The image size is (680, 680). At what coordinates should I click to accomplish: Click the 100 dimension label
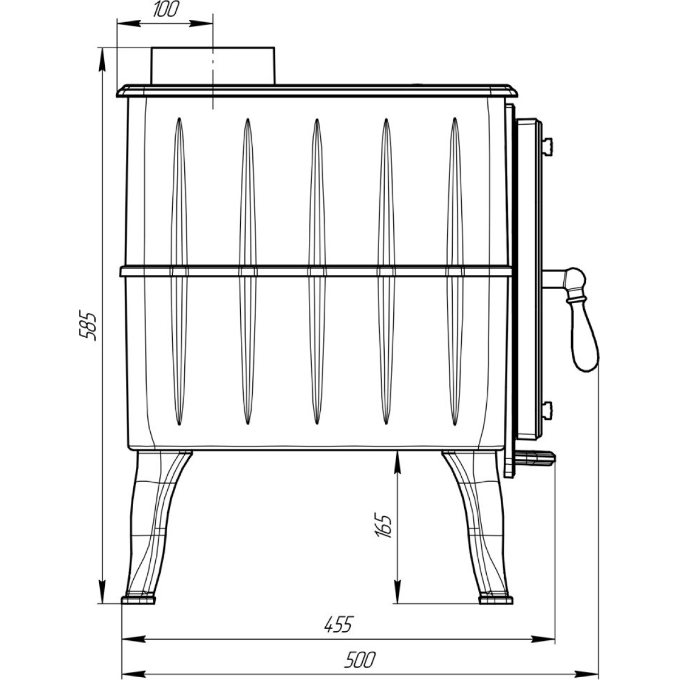pos(166,10)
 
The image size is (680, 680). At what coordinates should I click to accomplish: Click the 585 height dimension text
pos(87,325)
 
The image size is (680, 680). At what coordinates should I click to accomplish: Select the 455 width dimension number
pos(339,624)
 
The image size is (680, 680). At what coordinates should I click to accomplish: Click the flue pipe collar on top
pos(213,66)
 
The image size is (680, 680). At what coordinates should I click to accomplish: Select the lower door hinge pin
pos(547,410)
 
